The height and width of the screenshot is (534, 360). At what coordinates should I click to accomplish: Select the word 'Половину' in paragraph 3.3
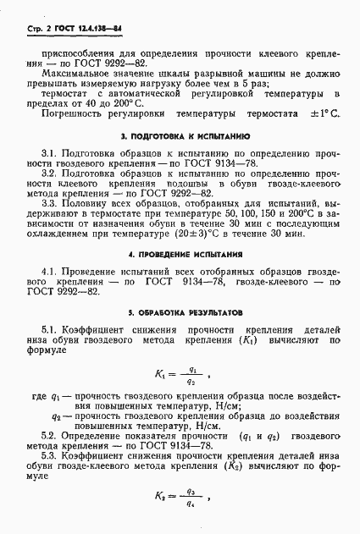point(87,204)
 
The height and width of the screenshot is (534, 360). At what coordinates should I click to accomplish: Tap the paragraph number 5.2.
point(50,437)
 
